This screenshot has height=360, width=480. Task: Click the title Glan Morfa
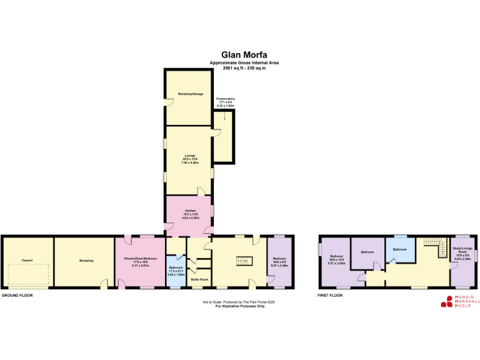244,54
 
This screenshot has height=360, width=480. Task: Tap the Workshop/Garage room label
191,94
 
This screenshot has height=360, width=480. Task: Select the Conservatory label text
226,99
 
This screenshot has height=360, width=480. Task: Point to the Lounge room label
190,156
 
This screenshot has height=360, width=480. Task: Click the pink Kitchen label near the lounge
190,211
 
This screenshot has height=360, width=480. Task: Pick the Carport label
27,260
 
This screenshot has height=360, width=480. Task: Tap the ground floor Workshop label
86,260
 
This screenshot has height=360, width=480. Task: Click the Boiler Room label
200,279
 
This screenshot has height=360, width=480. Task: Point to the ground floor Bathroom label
175,267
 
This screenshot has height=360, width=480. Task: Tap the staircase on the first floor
431,243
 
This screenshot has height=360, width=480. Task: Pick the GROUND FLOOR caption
17,295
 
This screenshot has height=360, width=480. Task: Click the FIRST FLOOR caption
331,295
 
